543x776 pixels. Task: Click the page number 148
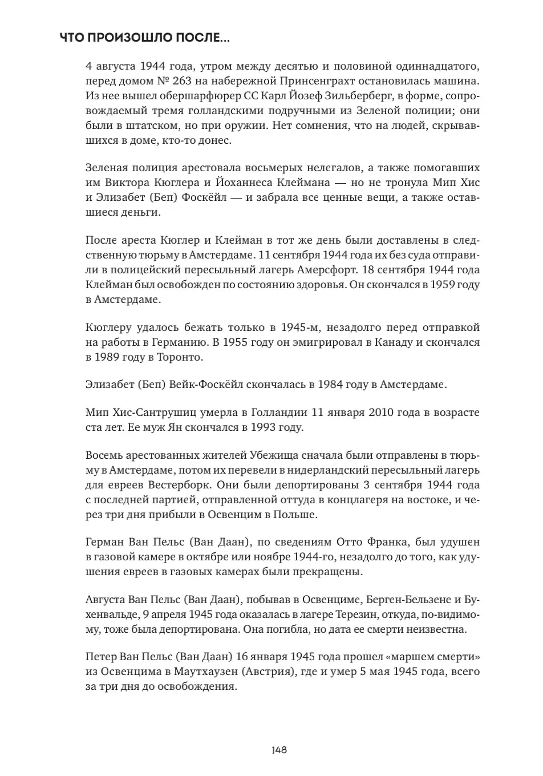click(279, 750)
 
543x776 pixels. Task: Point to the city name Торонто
click(179, 357)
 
